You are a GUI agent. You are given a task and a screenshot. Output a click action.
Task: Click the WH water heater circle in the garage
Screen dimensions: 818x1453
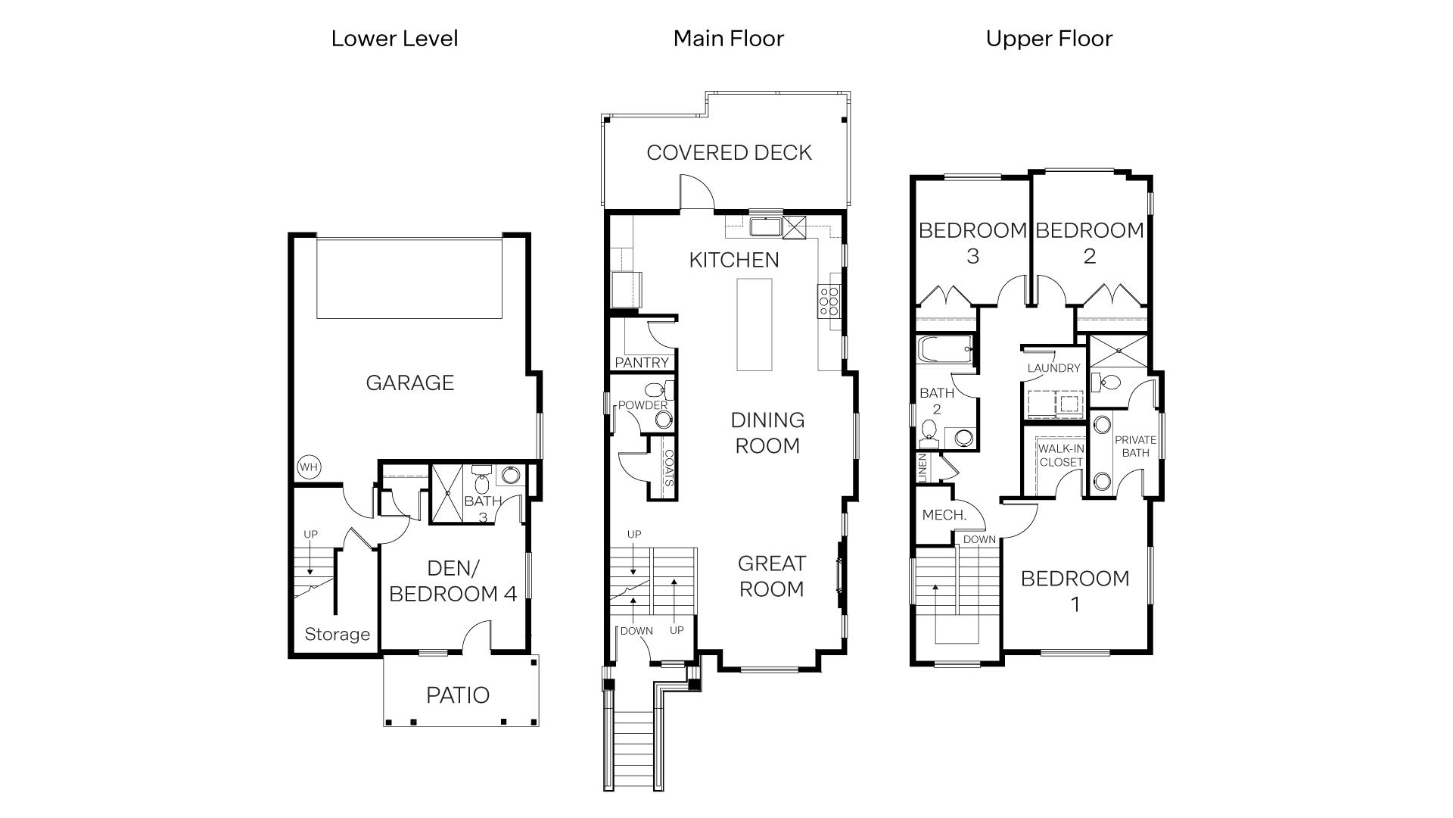pyautogui.click(x=308, y=467)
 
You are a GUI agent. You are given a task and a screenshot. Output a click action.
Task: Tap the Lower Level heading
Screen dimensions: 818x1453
pyautogui.click(x=394, y=39)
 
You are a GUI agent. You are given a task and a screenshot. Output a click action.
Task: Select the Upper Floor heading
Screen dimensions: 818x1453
pyautogui.click(x=1049, y=39)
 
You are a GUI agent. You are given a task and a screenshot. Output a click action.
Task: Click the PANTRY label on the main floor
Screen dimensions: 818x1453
pyautogui.click(x=642, y=363)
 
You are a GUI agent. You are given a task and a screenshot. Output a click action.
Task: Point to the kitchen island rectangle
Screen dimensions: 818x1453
pyautogui.click(x=755, y=324)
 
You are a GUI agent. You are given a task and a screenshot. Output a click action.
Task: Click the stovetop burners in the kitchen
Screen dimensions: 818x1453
pyautogui.click(x=828, y=301)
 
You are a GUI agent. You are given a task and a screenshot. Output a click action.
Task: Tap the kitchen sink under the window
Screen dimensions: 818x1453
pyautogui.click(x=765, y=226)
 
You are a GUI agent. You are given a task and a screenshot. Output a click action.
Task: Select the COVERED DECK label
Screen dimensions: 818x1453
pyautogui.click(x=729, y=153)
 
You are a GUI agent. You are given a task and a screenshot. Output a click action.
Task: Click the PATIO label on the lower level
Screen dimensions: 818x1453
pyautogui.click(x=458, y=695)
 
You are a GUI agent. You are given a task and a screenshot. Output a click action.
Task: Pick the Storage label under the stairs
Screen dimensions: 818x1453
pyautogui.click(x=337, y=635)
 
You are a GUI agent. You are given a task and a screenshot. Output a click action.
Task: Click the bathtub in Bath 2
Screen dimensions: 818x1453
pyautogui.click(x=944, y=350)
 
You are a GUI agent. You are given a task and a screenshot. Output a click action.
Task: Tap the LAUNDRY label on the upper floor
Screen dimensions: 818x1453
pyautogui.click(x=1053, y=368)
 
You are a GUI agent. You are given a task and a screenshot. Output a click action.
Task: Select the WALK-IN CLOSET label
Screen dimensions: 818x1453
pyautogui.click(x=1061, y=455)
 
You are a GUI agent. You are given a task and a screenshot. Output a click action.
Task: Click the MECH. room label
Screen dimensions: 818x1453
pyautogui.click(x=944, y=515)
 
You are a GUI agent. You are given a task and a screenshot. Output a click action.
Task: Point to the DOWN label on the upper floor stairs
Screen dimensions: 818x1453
pyautogui.click(x=979, y=539)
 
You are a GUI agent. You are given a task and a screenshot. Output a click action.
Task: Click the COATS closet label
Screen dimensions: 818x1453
pyautogui.click(x=668, y=467)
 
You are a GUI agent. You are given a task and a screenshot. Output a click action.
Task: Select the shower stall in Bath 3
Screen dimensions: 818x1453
pyautogui.click(x=447, y=494)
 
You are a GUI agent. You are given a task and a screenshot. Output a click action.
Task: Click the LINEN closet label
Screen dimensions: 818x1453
pyautogui.click(x=922, y=467)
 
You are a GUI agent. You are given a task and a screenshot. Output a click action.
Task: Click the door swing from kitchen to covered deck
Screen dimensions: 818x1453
pyautogui.click(x=695, y=191)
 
